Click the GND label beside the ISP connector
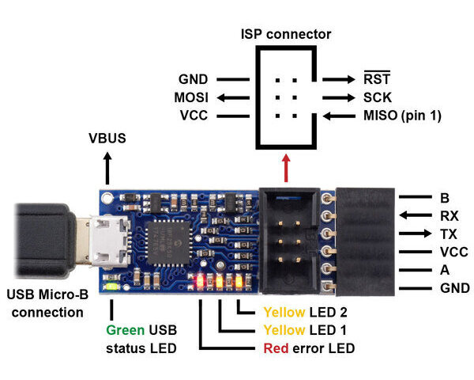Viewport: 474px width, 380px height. click(193, 79)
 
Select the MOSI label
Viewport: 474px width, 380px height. click(191, 97)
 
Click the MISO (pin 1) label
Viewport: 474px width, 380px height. click(401, 116)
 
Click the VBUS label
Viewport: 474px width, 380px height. click(107, 139)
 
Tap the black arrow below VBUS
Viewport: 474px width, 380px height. click(107, 168)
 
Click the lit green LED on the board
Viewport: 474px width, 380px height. click(116, 287)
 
